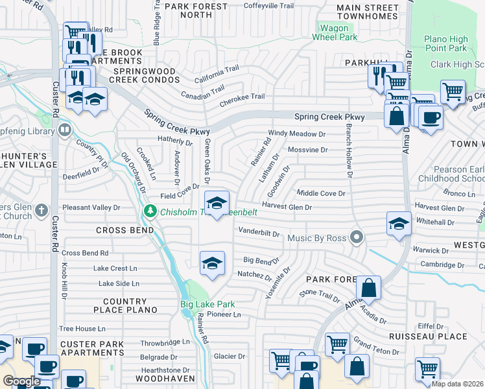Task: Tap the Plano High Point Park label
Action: click(x=445, y=43)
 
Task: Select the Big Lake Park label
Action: click(x=207, y=304)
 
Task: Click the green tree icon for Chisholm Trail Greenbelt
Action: click(x=150, y=211)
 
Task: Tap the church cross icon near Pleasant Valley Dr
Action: click(x=41, y=209)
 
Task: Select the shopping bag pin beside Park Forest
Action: click(x=368, y=287)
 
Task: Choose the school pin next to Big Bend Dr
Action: click(x=212, y=263)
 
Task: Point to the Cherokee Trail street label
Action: click(x=242, y=97)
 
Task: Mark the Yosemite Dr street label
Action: click(x=278, y=283)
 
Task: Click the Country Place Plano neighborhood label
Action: click(x=124, y=305)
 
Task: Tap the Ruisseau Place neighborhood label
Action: click(x=428, y=336)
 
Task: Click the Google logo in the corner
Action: click(x=22, y=381)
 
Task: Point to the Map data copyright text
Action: click(x=457, y=384)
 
